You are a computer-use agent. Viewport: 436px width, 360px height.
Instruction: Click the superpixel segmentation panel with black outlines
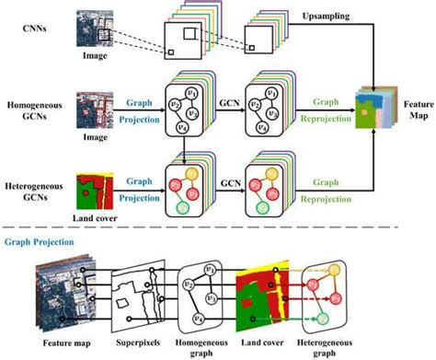153,298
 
